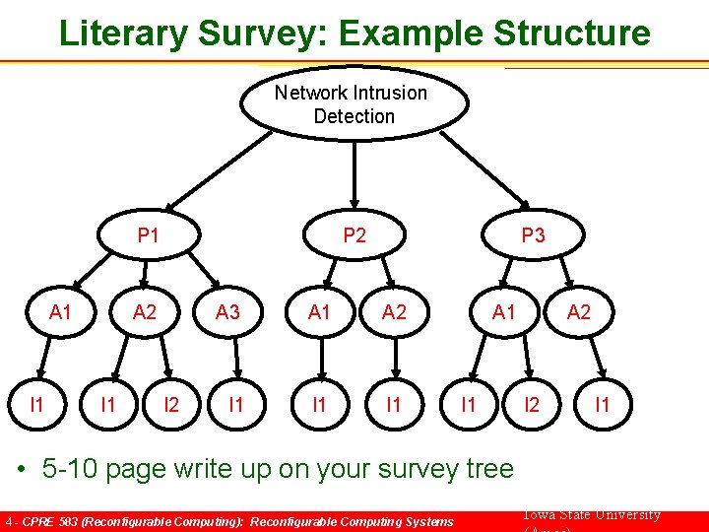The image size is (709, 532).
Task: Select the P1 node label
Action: pos(149,235)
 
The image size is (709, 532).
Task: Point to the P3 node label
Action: pos(533,235)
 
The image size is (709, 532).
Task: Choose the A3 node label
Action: pos(227,313)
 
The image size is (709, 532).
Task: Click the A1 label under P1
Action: pos(61,313)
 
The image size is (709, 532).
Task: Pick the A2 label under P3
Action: pos(579,313)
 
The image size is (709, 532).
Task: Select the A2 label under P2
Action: pos(394,313)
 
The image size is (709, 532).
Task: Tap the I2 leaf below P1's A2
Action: pos(171,404)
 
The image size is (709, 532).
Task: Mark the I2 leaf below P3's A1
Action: pos(533,404)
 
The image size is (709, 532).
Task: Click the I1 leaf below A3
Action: pos(236,404)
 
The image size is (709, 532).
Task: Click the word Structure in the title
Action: pos(572,33)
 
